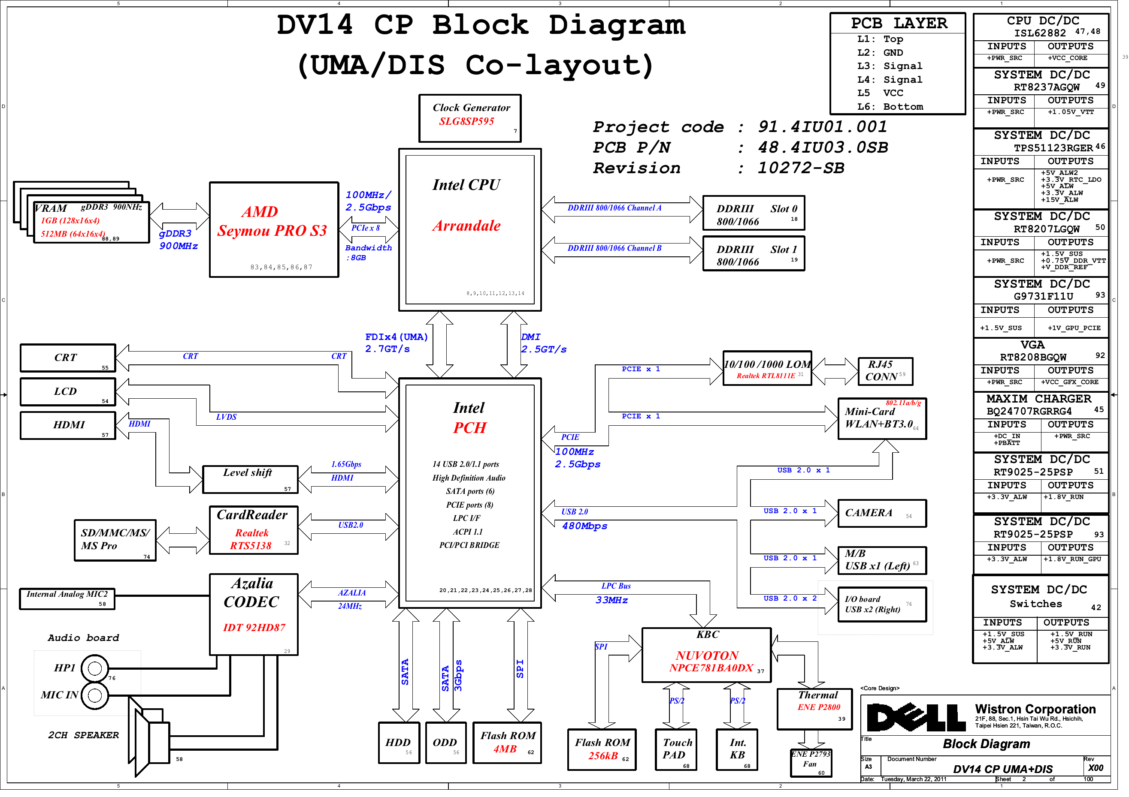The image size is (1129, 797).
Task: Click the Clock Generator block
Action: [x=469, y=118]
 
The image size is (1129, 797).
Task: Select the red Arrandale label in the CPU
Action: [x=466, y=226]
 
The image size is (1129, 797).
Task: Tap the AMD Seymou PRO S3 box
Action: [x=273, y=229]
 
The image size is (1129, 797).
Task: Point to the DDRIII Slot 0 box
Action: [x=754, y=213]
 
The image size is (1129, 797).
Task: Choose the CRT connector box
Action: [x=68, y=358]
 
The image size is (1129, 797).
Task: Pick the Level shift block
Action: [x=250, y=479]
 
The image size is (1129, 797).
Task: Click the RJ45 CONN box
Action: [x=884, y=371]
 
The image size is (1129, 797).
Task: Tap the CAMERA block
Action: [x=882, y=513]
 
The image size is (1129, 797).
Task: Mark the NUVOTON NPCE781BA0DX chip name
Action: [x=710, y=662]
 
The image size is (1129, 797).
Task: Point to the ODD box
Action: [x=445, y=743]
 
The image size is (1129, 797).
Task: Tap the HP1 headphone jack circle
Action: [x=94, y=668]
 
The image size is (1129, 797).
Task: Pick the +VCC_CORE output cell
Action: [x=1070, y=58]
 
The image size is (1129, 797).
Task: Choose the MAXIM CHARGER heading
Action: [x=1038, y=399]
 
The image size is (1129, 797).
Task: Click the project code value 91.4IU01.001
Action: [x=822, y=127]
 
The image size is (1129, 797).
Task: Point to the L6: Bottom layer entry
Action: [x=890, y=107]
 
